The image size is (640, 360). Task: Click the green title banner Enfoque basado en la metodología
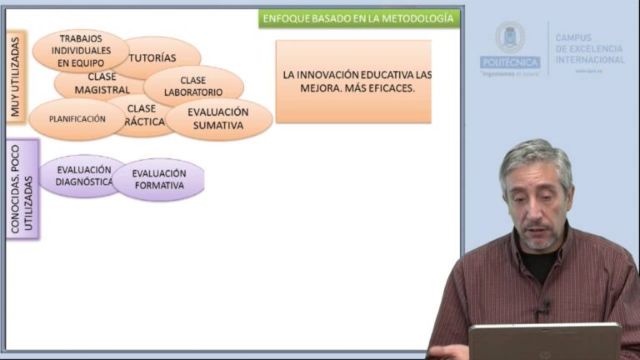tap(359, 18)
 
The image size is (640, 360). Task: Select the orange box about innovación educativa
tap(353, 81)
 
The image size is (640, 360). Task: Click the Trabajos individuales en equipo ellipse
tap(80, 49)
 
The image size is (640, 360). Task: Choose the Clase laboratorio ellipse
tap(194, 86)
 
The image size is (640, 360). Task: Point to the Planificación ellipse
tap(76, 119)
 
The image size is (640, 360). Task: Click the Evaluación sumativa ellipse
tap(218, 119)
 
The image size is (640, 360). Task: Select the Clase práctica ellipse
tap(142, 116)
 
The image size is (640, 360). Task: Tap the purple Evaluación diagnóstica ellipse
tap(82, 176)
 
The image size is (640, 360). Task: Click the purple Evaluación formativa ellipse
tap(158, 179)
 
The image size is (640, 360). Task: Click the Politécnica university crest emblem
tap(509, 37)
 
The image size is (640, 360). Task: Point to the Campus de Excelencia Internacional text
tap(589, 49)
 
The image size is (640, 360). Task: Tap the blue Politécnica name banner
tap(509, 62)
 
